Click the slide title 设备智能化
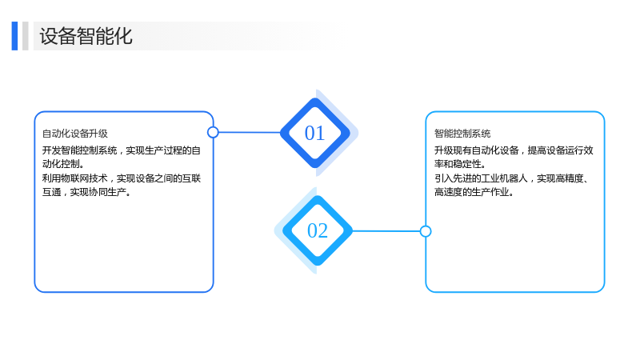[x=86, y=36]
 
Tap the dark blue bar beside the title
[x=14, y=36]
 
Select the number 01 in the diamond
[x=314, y=133]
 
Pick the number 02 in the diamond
[x=318, y=230]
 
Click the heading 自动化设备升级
[x=75, y=134]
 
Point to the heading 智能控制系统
[x=462, y=134]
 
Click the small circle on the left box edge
[x=213, y=132]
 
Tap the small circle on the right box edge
[x=426, y=231]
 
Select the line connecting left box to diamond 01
[x=250, y=132]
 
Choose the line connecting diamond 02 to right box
[x=386, y=231]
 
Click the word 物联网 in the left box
[x=84, y=178]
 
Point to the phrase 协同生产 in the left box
[x=107, y=192]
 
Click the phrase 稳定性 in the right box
[x=467, y=164]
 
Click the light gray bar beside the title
[x=26, y=36]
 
